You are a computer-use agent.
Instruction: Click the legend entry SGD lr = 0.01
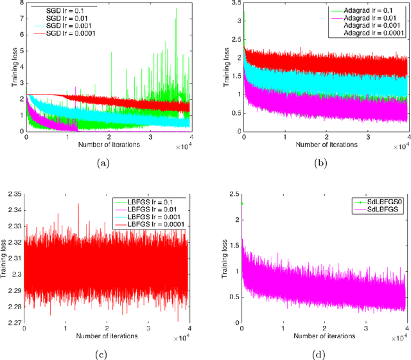[64, 18]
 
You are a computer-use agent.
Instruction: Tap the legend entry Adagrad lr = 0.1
[365, 11]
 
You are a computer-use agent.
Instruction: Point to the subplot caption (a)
[102, 165]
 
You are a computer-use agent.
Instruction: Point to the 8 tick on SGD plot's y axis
[21, 4]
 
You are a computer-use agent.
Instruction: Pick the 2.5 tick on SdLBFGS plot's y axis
[234, 194]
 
